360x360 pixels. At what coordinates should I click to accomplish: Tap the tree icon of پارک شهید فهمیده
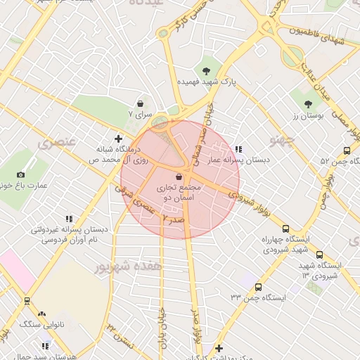point(206,70)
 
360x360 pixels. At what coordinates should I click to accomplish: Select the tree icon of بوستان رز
point(309,104)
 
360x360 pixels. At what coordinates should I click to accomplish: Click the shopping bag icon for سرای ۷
point(140,103)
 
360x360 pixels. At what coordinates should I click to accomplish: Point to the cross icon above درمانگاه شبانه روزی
point(118,138)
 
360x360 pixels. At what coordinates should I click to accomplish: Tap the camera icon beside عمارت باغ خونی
point(20,174)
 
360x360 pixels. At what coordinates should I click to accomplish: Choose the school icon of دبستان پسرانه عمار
point(239,149)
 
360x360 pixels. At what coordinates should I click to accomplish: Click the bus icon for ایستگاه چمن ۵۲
point(347,150)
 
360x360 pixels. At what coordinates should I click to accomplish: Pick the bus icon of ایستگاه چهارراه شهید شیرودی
point(285,229)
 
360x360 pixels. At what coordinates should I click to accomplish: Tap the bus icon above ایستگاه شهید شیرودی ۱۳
point(319,255)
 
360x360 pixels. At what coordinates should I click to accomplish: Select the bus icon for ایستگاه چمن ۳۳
point(258,287)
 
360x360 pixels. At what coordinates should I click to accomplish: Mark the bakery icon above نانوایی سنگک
point(41,314)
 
